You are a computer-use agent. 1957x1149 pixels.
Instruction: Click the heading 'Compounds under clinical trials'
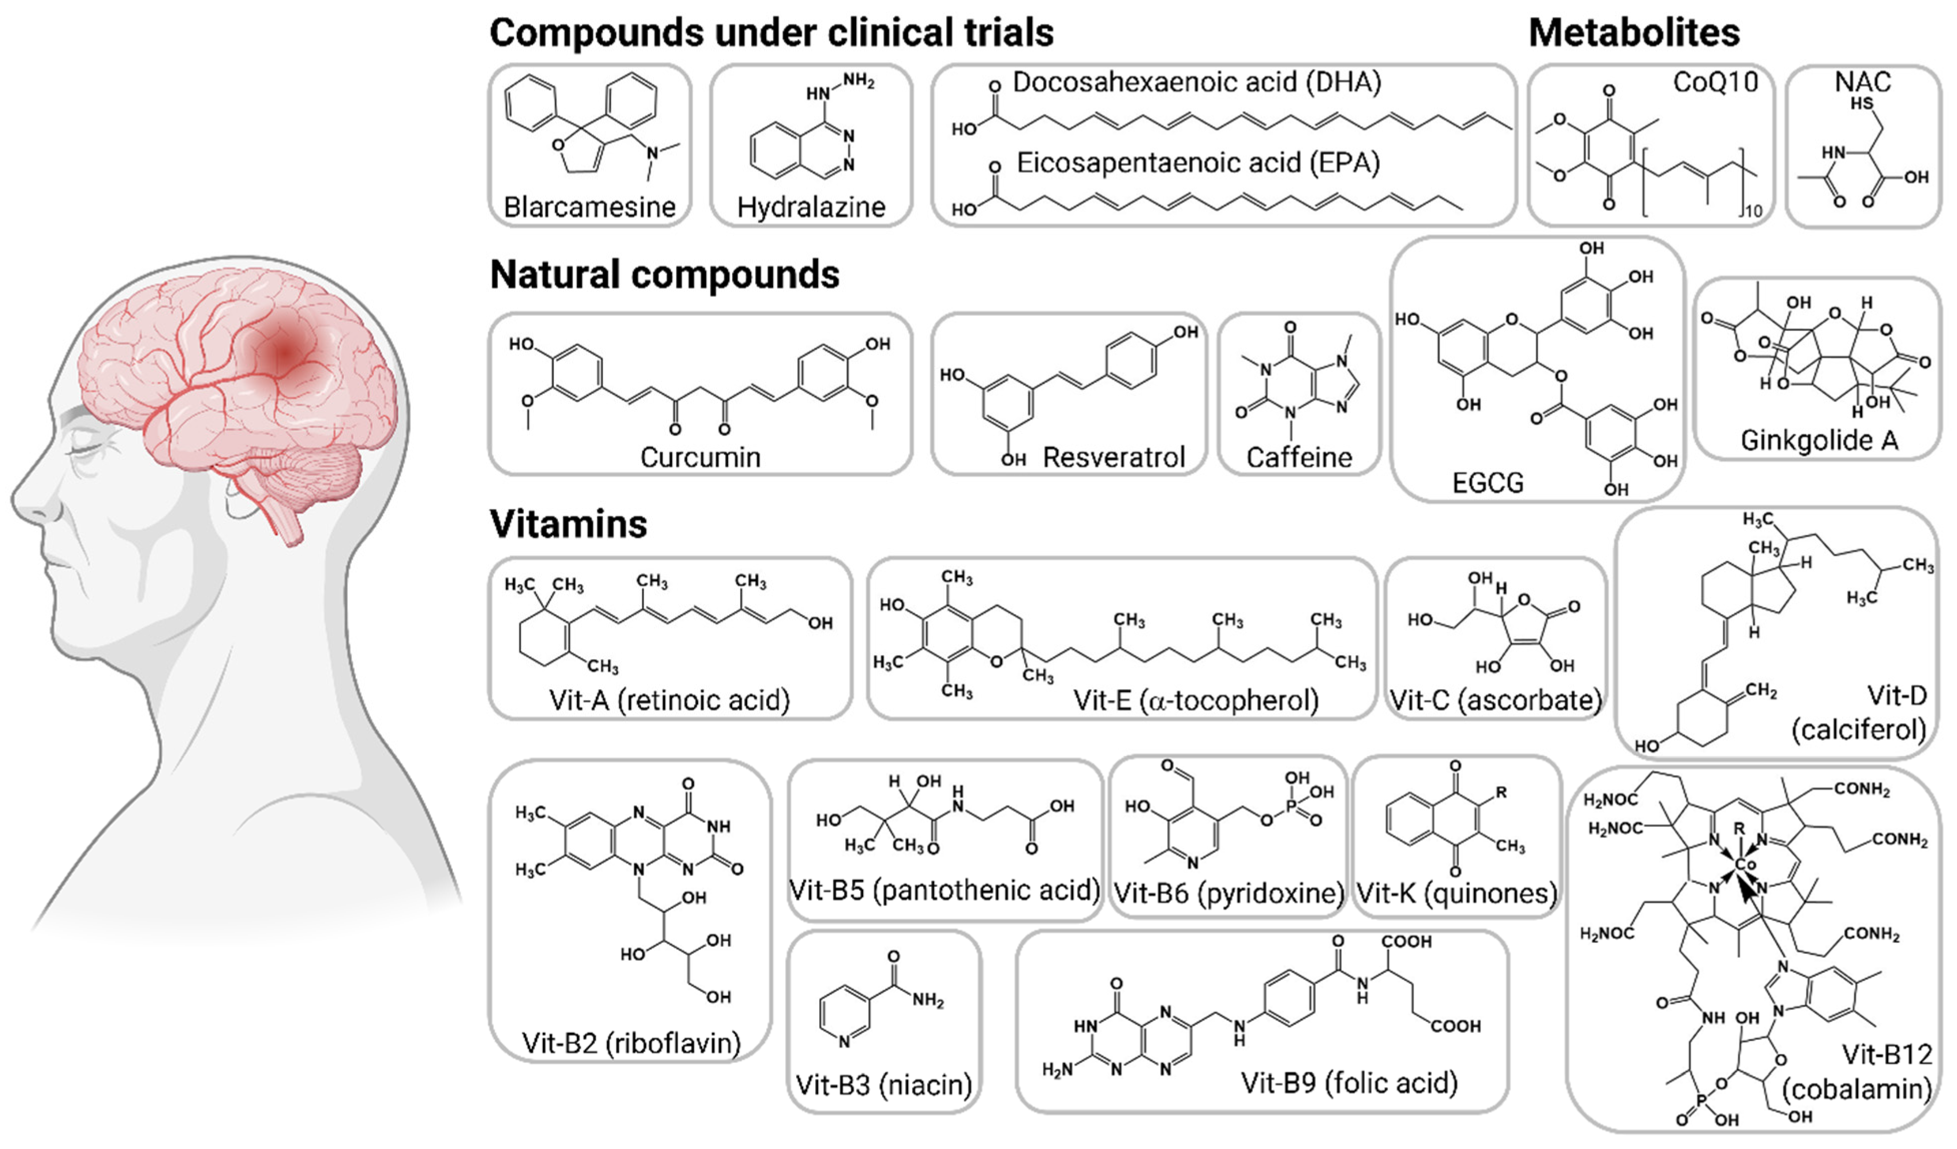coord(771,33)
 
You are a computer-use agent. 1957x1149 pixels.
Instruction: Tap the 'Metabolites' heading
coord(1633,33)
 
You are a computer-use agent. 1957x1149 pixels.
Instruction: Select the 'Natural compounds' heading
coord(664,275)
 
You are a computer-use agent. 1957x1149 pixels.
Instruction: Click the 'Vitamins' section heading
coord(568,524)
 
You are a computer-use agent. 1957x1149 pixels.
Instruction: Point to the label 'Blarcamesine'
coord(589,207)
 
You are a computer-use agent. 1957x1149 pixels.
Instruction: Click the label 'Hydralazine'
coord(811,207)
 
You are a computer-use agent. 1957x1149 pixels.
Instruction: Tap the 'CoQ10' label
coord(1715,82)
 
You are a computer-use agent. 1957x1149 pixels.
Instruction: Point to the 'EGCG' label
coord(1487,483)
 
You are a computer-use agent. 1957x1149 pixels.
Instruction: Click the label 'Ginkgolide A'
coord(1819,441)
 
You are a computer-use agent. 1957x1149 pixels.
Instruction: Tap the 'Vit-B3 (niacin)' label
coord(883,1084)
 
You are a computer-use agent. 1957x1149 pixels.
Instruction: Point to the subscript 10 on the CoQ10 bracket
coord(1753,211)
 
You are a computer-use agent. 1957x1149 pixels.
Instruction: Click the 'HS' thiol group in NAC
coord(1861,103)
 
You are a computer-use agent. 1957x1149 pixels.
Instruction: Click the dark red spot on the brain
coord(285,353)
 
